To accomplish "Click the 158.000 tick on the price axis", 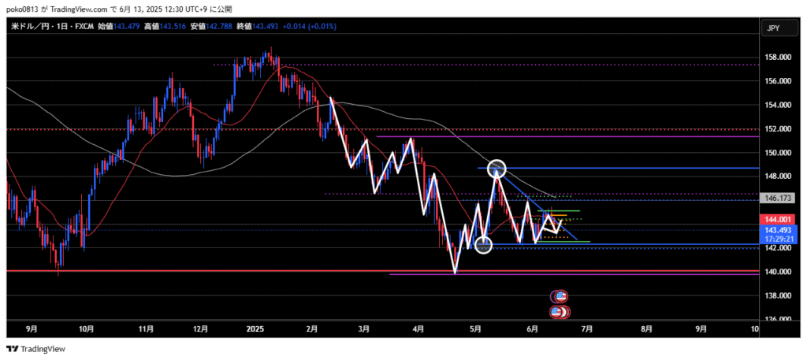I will pyautogui.click(x=777, y=58).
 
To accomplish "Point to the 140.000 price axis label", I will pyautogui.click(x=777, y=272).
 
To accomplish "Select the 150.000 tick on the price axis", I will pyautogui.click(x=777, y=153).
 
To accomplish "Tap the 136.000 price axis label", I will pyautogui.click(x=777, y=319).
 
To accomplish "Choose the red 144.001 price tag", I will pyautogui.click(x=779, y=220).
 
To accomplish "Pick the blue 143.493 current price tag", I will pyautogui.click(x=779, y=231).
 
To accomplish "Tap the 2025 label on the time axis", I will pyautogui.click(x=255, y=329).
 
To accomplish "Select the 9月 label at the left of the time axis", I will pyautogui.click(x=32, y=329).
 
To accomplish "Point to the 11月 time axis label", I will pyautogui.click(x=145, y=329).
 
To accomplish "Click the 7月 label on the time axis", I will pyautogui.click(x=587, y=329).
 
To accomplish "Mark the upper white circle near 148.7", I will pyautogui.click(x=496, y=168).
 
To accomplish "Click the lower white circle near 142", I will pyautogui.click(x=484, y=245).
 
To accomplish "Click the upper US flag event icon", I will pyautogui.click(x=560, y=296).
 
